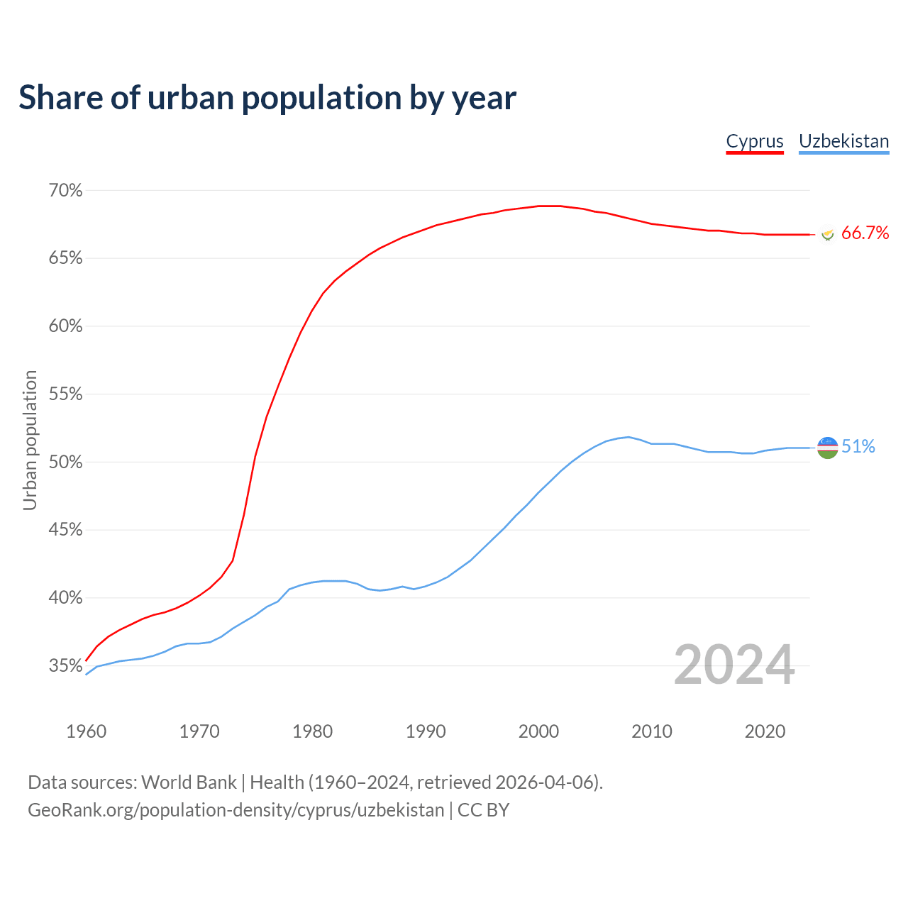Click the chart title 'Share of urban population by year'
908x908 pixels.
click(267, 98)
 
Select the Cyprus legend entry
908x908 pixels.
click(755, 141)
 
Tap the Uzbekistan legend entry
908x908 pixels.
click(843, 141)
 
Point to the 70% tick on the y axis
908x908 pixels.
click(65, 191)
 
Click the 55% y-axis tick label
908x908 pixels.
click(65, 394)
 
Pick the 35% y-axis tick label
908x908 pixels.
click(65, 666)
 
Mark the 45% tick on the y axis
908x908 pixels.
click(65, 530)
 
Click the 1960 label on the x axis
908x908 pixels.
click(86, 731)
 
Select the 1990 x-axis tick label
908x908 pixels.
click(426, 731)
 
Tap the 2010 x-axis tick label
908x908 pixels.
click(652, 731)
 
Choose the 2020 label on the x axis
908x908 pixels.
click(765, 731)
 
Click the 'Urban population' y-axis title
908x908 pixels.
click(30, 440)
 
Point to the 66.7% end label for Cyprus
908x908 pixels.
click(865, 233)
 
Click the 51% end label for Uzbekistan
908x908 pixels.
click(858, 447)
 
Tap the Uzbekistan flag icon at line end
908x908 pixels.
click(828, 448)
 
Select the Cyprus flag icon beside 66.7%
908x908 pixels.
click(827, 234)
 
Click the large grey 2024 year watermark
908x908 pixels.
click(734, 665)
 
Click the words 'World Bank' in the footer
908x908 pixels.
click(189, 782)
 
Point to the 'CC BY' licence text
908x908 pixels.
click(483, 810)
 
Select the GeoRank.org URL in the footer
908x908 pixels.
click(236, 810)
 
